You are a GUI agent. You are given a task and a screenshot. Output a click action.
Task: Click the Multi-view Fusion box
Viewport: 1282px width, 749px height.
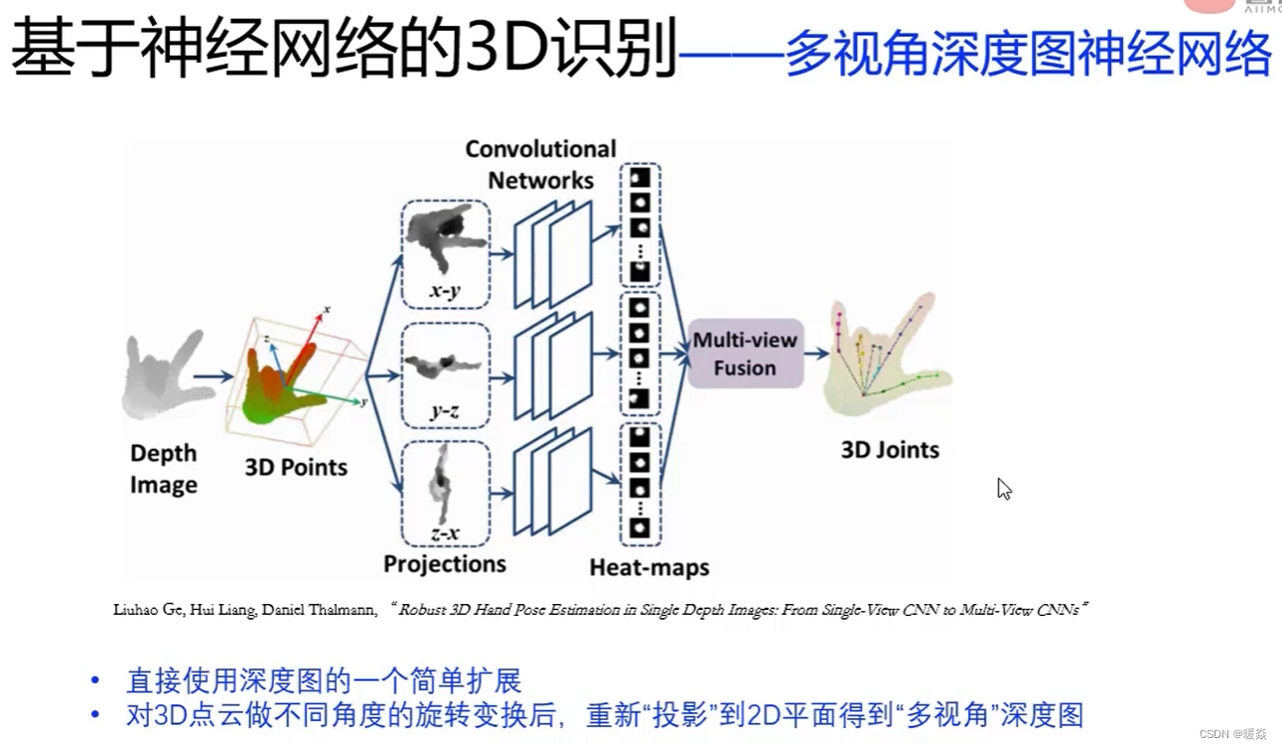click(x=745, y=354)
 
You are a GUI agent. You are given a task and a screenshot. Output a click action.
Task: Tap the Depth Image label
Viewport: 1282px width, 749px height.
click(x=164, y=469)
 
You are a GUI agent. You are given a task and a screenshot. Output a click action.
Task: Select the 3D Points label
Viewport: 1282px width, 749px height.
click(x=296, y=467)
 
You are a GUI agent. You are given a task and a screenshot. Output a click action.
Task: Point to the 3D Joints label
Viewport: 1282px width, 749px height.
click(x=890, y=450)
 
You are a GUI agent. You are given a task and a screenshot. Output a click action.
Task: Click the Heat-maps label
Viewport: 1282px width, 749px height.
click(x=649, y=567)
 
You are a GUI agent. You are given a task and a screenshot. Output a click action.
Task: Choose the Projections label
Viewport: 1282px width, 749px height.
click(x=445, y=564)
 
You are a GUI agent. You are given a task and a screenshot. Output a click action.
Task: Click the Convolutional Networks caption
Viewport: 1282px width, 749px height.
click(x=540, y=164)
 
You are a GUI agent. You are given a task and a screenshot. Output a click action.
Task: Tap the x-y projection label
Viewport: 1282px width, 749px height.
click(x=444, y=291)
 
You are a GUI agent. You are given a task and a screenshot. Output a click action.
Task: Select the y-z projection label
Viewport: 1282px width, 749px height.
click(x=444, y=410)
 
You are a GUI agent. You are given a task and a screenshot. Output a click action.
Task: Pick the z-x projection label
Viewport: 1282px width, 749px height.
click(x=445, y=532)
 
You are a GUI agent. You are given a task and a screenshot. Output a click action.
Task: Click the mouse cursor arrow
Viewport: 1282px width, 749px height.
click(x=1004, y=489)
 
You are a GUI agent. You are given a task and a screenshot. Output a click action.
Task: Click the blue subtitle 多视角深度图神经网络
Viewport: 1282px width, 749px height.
click(x=1028, y=53)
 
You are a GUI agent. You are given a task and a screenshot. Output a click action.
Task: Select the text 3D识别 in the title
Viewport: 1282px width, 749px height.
click(x=570, y=50)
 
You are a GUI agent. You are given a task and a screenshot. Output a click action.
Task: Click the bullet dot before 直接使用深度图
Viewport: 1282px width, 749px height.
click(x=95, y=680)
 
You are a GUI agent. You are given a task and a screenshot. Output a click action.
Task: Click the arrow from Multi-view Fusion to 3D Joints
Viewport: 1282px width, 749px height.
click(x=817, y=354)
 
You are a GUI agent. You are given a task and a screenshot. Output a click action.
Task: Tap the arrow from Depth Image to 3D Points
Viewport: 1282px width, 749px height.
click(x=213, y=376)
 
